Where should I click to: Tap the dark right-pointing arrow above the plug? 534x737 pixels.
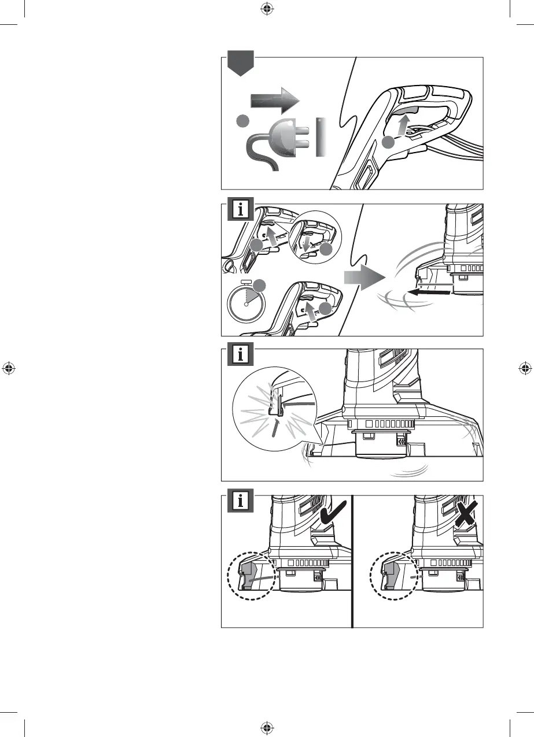click(274, 102)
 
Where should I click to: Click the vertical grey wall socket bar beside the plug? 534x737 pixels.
click(320, 138)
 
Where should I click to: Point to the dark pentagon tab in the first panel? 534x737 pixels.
click(240, 64)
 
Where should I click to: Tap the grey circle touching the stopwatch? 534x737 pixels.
click(260, 284)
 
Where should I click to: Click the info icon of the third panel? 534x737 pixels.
click(240, 356)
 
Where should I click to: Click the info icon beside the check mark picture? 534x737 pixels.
click(240, 502)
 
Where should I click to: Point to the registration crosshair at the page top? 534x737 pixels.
click(267, 8)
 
